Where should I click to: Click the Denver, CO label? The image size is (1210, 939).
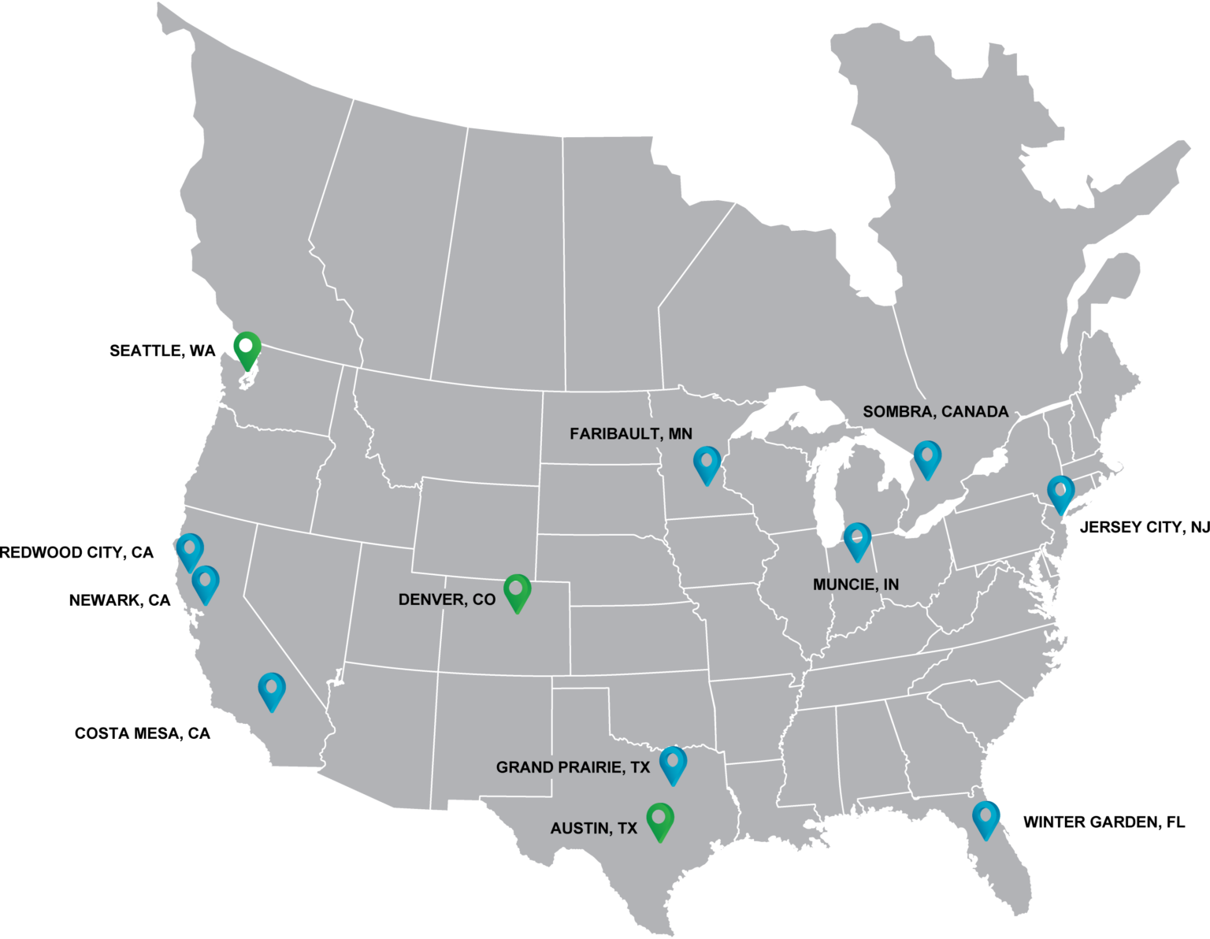(x=447, y=599)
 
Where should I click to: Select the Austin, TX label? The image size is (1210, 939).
(x=593, y=828)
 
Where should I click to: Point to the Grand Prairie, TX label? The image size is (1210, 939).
(x=573, y=767)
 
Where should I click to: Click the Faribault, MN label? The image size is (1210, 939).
(x=631, y=433)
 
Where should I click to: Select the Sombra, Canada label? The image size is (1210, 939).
(x=935, y=411)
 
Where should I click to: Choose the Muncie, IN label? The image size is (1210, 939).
(x=856, y=585)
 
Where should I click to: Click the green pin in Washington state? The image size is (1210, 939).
(x=247, y=348)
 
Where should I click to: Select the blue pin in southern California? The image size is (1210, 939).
(x=272, y=690)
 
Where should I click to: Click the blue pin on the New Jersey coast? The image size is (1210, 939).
(x=1060, y=493)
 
